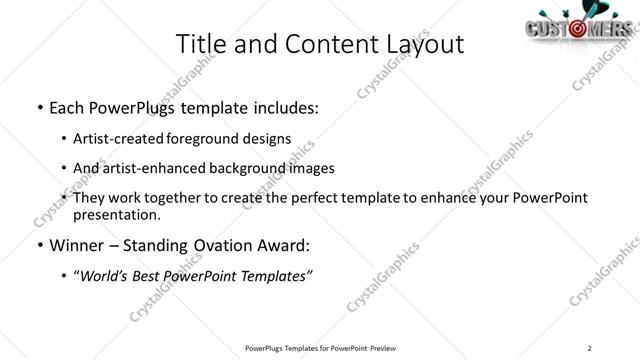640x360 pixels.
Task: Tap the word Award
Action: [x=291, y=245]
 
